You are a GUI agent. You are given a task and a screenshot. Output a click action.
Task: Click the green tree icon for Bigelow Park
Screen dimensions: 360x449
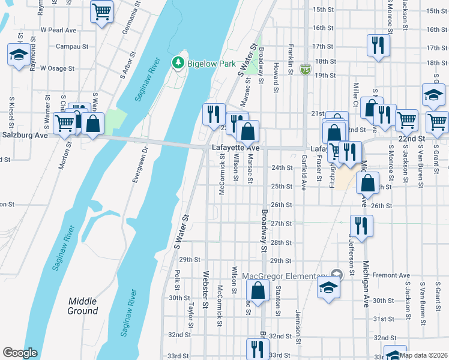[178, 62]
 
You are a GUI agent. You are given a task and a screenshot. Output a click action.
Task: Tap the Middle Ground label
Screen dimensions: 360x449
[83, 306]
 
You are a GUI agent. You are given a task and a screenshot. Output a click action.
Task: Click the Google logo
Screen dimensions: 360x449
[20, 353]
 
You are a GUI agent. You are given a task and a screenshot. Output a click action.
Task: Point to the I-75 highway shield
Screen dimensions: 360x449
[306, 69]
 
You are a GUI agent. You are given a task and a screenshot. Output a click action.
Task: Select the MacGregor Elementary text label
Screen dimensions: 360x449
[286, 276]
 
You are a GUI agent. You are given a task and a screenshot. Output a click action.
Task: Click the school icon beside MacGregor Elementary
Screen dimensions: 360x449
[328, 286]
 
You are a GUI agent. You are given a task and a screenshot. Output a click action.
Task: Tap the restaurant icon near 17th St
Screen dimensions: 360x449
[378, 46]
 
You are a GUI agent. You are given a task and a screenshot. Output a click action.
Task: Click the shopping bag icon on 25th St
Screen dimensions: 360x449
[368, 182]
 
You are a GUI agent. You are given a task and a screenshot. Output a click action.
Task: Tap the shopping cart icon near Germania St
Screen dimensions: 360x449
[102, 11]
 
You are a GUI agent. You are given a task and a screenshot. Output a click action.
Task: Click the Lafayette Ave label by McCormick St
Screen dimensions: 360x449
[235, 148]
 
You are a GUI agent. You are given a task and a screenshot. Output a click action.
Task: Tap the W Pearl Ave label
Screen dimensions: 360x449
[59, 29]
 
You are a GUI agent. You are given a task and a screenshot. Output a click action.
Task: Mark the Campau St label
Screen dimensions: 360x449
[68, 46]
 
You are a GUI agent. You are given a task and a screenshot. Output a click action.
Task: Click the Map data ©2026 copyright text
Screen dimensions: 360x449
[423, 355]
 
